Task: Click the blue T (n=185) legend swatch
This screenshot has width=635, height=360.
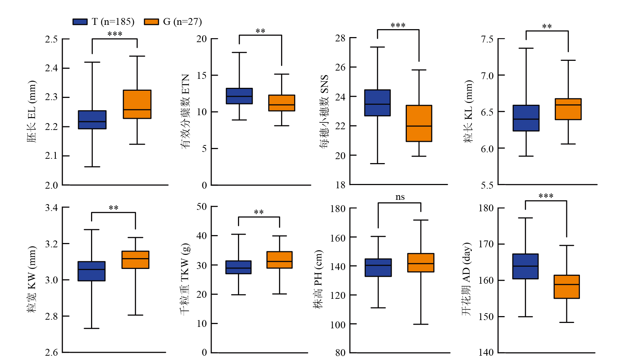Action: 80,22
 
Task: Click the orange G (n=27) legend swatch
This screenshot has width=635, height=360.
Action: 151,22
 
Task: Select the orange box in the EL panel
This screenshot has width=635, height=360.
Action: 137,104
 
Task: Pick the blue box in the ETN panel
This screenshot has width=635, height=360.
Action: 239,96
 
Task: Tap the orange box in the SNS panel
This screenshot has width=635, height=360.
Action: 419,123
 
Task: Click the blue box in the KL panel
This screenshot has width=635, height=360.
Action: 526,118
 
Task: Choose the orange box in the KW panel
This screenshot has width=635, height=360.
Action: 135,260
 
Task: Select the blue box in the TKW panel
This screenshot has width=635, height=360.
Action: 238,267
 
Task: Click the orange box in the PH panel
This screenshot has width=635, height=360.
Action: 421,262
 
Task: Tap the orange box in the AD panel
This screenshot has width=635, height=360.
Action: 567,287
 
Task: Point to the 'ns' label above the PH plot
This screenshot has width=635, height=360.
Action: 400,197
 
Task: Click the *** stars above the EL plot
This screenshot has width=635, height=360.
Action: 115,34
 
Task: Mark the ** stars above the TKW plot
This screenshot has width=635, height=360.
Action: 259,212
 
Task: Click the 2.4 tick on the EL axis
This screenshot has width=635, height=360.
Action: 51,68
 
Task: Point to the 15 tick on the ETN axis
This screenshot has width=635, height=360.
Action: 202,75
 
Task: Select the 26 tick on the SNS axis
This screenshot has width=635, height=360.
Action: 340,67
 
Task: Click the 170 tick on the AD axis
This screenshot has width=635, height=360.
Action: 486,244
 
